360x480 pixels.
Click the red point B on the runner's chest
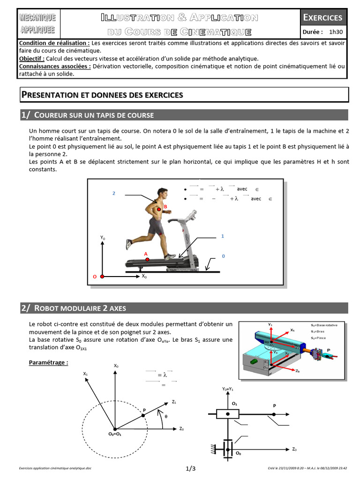pyautogui.click(x=159, y=209)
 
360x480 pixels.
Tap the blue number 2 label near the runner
pyautogui.click(x=113, y=194)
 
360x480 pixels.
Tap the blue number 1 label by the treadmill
pyautogui.click(x=223, y=236)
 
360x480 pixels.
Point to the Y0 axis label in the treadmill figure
pyautogui.click(x=103, y=238)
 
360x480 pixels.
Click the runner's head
pyautogui.click(x=162, y=193)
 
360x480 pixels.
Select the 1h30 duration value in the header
pyautogui.click(x=336, y=32)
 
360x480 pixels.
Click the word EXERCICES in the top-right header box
pyautogui.click(x=323, y=18)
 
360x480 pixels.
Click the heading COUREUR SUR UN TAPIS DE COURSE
pyautogui.click(x=94, y=115)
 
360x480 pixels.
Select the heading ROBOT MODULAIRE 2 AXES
pyautogui.click(x=80, y=308)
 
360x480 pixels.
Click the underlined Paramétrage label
pyautogui.click(x=48, y=362)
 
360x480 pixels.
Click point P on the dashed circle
pyautogui.click(x=143, y=415)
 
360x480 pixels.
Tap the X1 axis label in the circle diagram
pyautogui.click(x=85, y=374)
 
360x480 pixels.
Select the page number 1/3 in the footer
pyautogui.click(x=190, y=468)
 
